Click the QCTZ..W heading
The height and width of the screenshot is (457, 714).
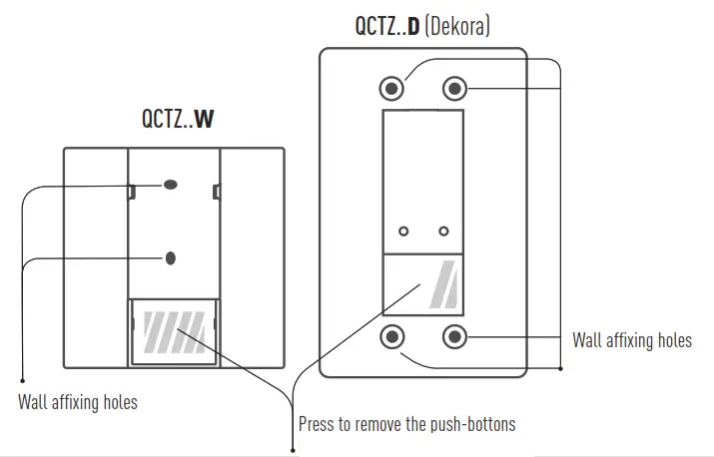[178, 121]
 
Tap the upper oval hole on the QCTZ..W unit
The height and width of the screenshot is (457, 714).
[170, 185]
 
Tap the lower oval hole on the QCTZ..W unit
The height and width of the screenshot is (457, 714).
[170, 257]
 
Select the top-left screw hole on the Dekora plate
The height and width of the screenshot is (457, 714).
[392, 89]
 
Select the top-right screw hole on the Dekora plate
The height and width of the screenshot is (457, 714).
[454, 89]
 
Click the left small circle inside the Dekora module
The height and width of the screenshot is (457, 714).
[403, 230]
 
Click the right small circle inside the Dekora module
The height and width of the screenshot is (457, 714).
[442, 230]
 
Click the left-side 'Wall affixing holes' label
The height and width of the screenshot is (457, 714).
[78, 403]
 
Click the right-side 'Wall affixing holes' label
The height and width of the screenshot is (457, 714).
[631, 340]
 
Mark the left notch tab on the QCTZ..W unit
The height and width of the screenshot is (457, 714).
[131, 190]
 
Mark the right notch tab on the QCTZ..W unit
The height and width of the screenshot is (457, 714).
[215, 190]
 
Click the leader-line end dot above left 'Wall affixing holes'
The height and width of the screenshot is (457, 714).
[22, 378]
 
